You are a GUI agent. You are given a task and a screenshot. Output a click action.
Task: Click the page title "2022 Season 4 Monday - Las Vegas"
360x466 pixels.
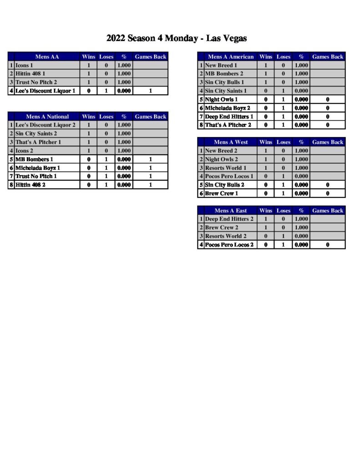point(177,38)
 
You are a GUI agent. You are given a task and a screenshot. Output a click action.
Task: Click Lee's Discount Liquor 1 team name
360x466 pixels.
point(45,91)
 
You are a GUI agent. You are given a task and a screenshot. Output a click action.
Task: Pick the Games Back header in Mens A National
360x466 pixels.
point(151,116)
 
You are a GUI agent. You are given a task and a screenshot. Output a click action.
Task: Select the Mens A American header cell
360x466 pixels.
point(230,57)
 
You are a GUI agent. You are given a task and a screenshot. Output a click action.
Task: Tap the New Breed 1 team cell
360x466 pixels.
point(221,66)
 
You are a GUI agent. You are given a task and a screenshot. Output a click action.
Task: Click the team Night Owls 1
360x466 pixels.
point(221,99)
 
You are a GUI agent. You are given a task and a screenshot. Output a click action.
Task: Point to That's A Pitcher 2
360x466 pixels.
point(228,125)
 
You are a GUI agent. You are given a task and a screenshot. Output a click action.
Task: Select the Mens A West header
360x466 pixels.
point(230,142)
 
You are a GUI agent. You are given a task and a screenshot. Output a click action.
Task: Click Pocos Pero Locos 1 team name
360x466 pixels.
point(229,176)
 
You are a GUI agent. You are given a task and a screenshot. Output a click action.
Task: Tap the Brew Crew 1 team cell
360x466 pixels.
point(221,193)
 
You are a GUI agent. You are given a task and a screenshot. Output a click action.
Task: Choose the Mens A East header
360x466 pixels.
point(230,211)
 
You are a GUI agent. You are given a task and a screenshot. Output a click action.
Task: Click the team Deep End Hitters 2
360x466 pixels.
point(229,219)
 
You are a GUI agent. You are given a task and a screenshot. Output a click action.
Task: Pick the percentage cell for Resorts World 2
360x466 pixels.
point(301,236)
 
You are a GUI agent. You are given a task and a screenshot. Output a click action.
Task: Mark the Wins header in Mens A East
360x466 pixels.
point(266,211)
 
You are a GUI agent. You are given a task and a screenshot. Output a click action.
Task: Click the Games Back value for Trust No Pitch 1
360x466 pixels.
point(151,176)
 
